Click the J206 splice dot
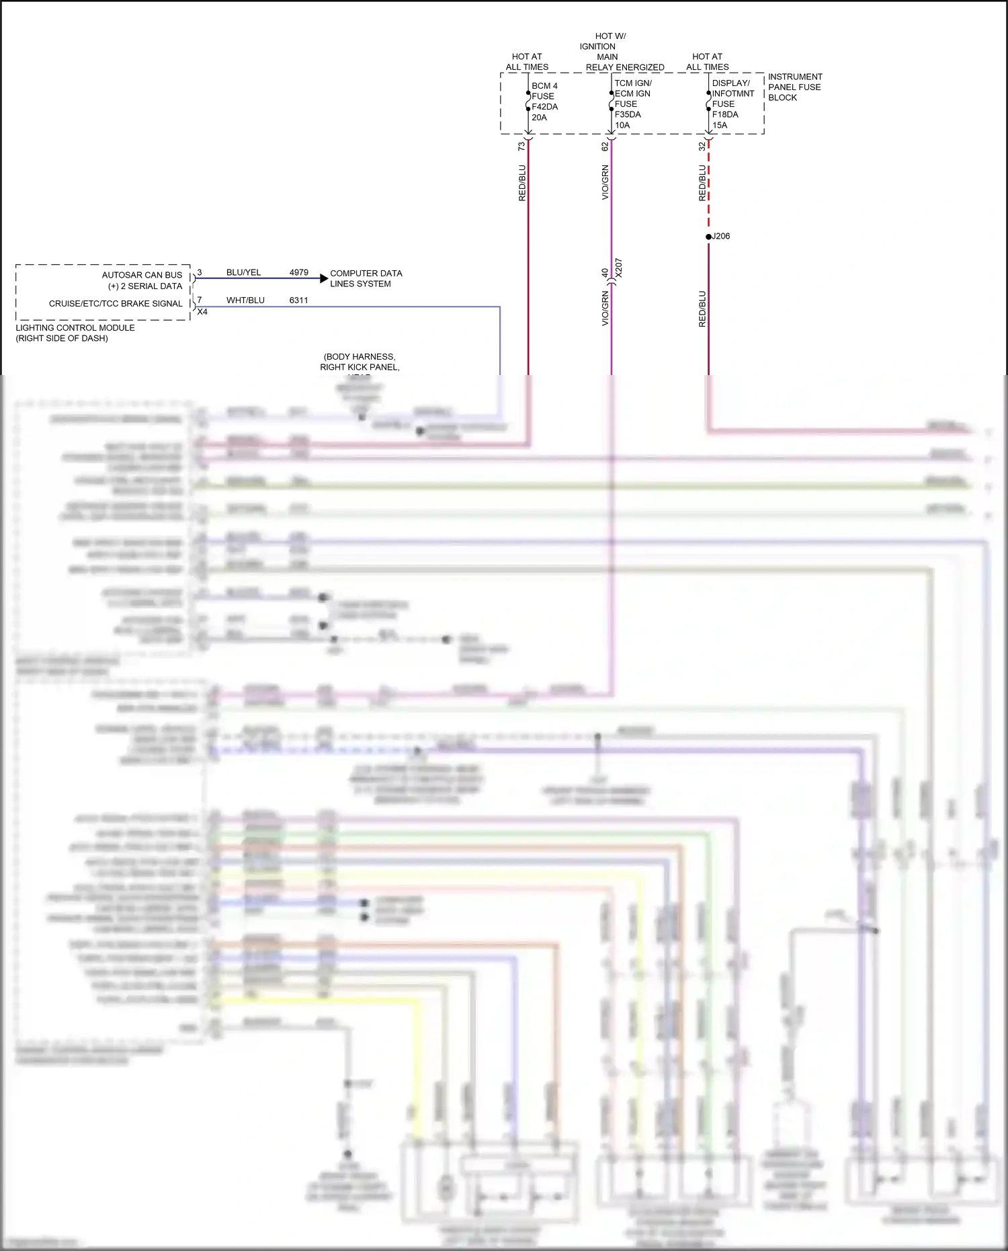[x=708, y=237]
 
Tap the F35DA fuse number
[x=628, y=114]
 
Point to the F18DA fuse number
[x=725, y=114]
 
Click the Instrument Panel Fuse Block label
[x=794, y=87]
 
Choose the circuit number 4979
[x=298, y=272]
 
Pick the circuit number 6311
[x=298, y=300]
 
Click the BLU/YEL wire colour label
[x=243, y=272]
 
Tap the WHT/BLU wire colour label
[x=245, y=300]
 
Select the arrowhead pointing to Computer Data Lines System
[x=324, y=278]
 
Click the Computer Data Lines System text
[x=366, y=278]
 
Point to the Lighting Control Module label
[x=75, y=333]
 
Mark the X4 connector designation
[x=202, y=312]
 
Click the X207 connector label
[x=619, y=268]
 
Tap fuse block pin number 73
[x=521, y=146]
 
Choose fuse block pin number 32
[x=702, y=146]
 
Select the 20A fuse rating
[x=539, y=118]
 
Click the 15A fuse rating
[x=720, y=125]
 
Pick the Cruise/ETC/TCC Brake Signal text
[x=116, y=303]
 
